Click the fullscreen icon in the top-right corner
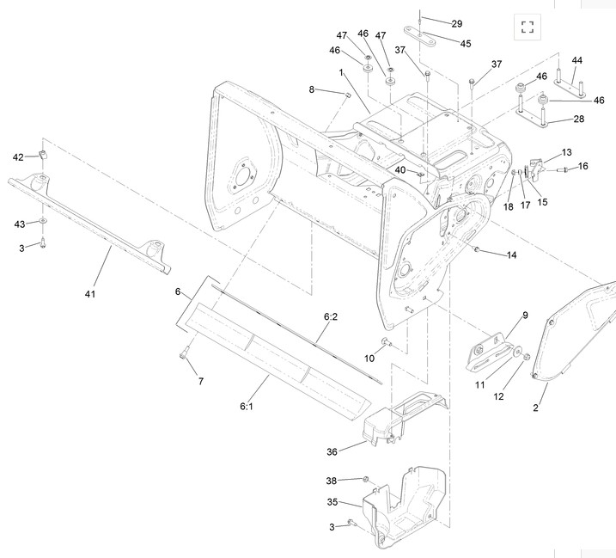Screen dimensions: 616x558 [x=528, y=28]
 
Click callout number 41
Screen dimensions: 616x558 [x=90, y=294]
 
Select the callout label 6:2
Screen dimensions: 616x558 [x=331, y=316]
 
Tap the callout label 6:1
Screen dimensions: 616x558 [x=247, y=406]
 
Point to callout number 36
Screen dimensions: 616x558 [x=332, y=452]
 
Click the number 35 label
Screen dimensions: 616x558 [x=332, y=502]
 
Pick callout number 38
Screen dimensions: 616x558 [x=331, y=481]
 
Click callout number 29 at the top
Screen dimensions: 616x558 [x=456, y=24]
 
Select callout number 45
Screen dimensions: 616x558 [x=466, y=44]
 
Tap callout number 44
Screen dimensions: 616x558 [x=576, y=60]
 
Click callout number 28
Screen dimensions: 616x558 [x=579, y=119]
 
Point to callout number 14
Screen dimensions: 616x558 [x=511, y=255]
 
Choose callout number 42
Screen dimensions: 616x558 [x=18, y=157]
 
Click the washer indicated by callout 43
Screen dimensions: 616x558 [x=42, y=221]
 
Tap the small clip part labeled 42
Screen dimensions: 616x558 [x=43, y=154]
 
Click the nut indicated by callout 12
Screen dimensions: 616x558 [x=527, y=357]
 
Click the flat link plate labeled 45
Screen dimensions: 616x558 [x=420, y=36]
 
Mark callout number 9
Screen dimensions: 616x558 [x=525, y=316]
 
